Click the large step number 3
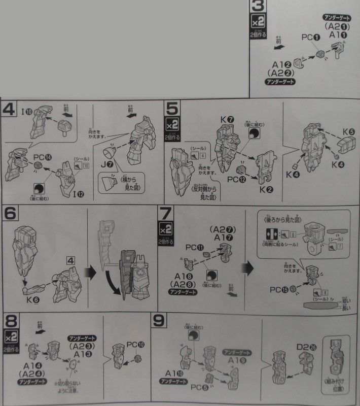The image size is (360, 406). coord(259,7)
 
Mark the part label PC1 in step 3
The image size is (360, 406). coord(310,37)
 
